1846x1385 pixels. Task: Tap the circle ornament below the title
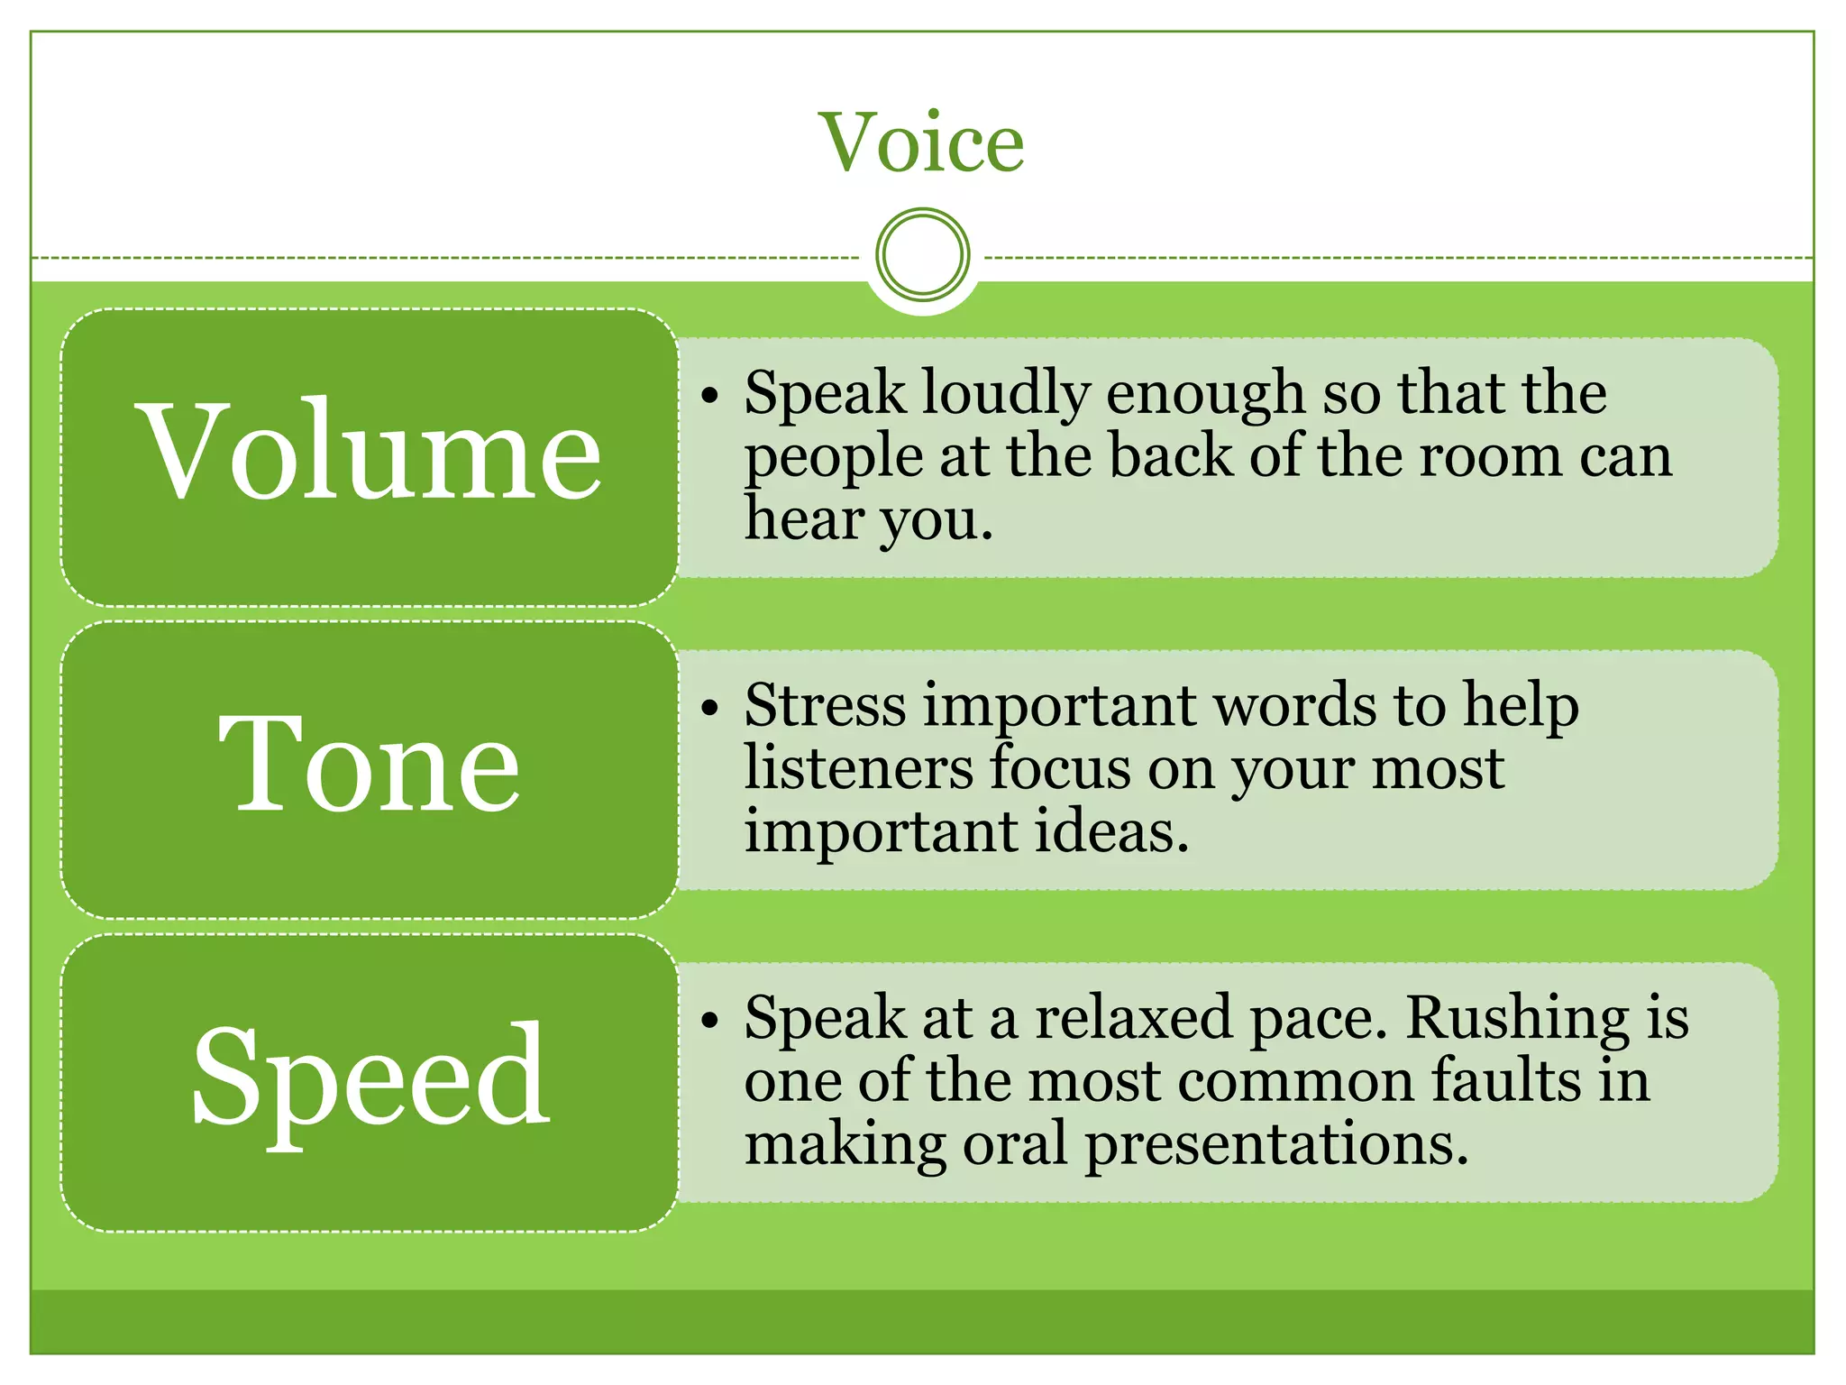click(x=922, y=254)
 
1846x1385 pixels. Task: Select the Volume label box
click(x=370, y=456)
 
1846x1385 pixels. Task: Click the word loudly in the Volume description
click(x=1006, y=394)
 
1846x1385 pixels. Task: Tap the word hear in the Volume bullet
click(x=802, y=519)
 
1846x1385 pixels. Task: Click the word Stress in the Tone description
click(x=825, y=705)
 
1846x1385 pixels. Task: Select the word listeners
click(x=858, y=768)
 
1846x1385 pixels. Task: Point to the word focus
click(x=1059, y=768)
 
